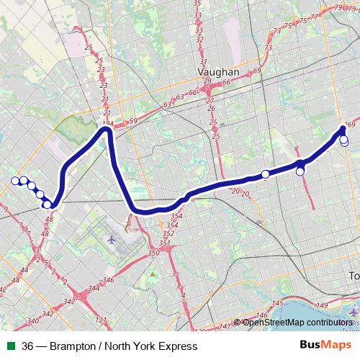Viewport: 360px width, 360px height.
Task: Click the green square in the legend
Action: pos(10,346)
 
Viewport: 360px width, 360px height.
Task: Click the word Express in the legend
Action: pos(178,346)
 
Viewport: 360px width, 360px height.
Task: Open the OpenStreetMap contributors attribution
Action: pos(297,323)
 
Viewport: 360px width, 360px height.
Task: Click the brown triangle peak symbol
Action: pos(153,274)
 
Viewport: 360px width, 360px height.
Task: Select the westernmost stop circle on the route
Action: pos(14,181)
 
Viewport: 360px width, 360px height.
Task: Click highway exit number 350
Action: pos(152,253)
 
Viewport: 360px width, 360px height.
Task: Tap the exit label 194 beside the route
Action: pos(108,124)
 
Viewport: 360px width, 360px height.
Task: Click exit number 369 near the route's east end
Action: pos(351,123)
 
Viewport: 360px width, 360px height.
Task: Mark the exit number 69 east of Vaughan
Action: pos(256,71)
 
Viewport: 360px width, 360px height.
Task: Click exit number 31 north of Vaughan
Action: pos(204,63)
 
